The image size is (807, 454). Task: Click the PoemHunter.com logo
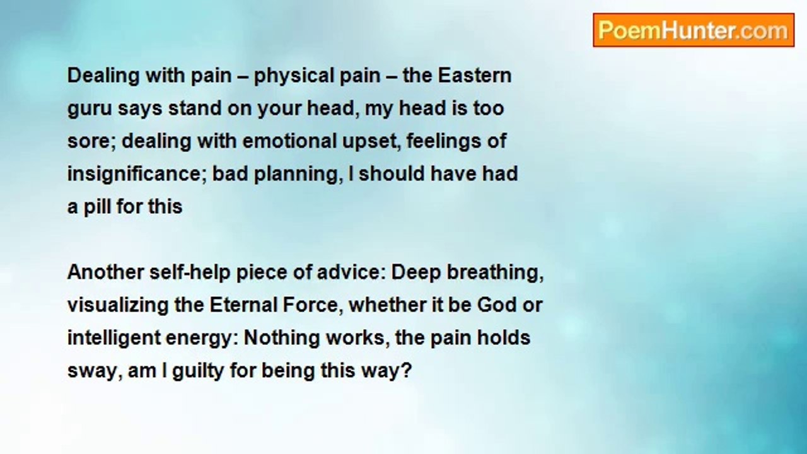click(x=694, y=30)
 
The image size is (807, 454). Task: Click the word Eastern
click(x=475, y=76)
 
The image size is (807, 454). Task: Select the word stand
click(x=195, y=108)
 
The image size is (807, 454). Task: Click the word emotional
click(x=289, y=141)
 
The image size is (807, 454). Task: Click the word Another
click(x=106, y=272)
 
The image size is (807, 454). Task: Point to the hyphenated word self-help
click(x=190, y=272)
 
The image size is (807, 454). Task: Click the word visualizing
click(x=118, y=306)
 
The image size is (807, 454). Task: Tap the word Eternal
click(x=243, y=305)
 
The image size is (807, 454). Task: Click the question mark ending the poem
click(x=407, y=370)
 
